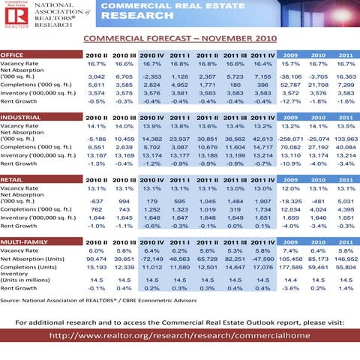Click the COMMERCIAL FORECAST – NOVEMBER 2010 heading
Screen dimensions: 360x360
pyautogui.click(x=179, y=37)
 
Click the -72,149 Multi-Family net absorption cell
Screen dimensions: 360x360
pyautogui.click(x=152, y=258)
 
